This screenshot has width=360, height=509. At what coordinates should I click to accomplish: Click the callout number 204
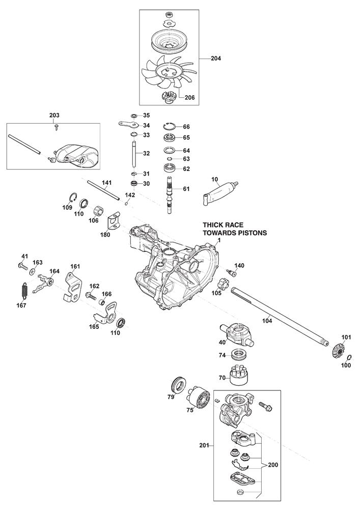(217, 59)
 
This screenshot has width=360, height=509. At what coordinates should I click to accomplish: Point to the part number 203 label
(54, 116)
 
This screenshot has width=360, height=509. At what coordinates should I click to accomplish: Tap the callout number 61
(186, 189)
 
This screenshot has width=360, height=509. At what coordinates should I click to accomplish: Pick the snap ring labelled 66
(170, 126)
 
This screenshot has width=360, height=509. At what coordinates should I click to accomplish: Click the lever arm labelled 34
(130, 125)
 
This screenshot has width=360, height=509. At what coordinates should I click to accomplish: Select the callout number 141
(106, 183)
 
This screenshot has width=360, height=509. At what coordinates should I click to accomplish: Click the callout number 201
(205, 445)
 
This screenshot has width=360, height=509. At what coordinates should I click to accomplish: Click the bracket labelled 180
(114, 222)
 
